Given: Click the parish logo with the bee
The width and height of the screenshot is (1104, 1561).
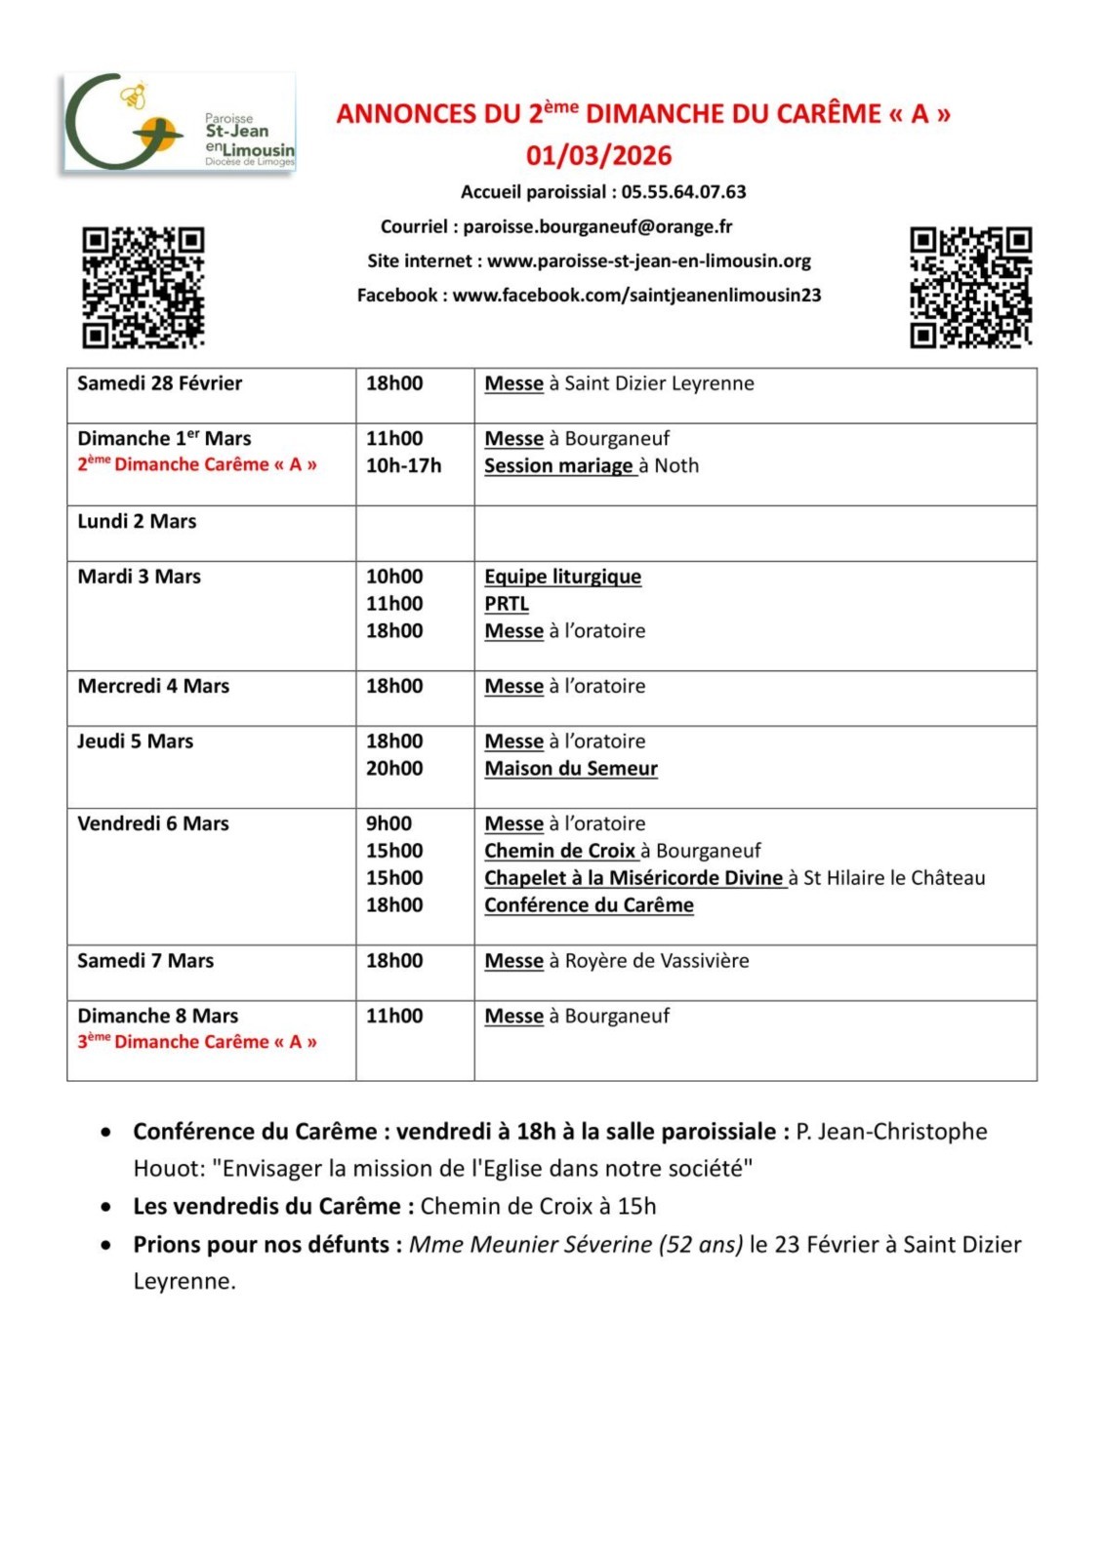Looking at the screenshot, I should tap(179, 123).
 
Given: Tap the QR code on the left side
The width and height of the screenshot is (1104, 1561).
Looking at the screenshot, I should tap(143, 287).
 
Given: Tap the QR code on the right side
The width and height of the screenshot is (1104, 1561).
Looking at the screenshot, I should tap(970, 287).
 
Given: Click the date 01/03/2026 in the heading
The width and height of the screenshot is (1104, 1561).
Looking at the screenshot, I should tap(598, 156).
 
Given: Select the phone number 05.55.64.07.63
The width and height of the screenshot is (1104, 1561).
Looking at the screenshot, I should tap(683, 192).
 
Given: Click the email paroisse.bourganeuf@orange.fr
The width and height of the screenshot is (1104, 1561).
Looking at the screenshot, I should tap(597, 227).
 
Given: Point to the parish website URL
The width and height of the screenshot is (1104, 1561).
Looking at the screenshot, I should tap(649, 261).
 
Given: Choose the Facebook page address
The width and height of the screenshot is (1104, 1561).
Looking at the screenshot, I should tap(636, 296).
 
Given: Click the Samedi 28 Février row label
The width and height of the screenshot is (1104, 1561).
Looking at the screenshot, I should tap(160, 383).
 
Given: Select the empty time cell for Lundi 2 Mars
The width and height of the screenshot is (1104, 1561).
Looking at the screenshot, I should tap(415, 533).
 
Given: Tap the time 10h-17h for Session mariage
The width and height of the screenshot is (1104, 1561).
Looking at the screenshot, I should tap(403, 466).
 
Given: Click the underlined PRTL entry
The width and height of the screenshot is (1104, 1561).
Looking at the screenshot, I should tap(507, 604).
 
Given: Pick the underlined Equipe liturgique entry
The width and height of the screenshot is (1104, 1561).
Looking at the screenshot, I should tap(562, 577).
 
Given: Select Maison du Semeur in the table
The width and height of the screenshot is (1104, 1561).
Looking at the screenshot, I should tap(571, 769).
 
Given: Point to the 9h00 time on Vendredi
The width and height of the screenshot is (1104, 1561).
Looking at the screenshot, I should tap(388, 823).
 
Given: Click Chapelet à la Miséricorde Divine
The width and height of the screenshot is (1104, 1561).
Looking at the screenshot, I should tap(634, 878).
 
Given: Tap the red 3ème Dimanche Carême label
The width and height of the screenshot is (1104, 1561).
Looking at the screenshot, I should tap(197, 1042).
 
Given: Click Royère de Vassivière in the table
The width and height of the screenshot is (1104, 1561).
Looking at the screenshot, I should tap(657, 961).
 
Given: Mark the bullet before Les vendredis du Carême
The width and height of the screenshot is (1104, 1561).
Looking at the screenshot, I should tap(105, 1207).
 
